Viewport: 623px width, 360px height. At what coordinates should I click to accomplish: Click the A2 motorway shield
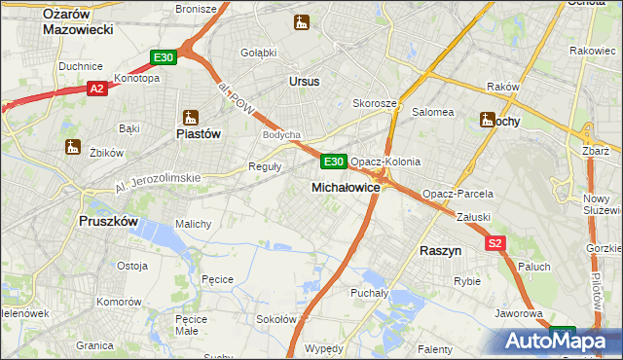pos(96,89)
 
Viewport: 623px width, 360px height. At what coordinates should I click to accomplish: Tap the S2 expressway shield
pos(496,242)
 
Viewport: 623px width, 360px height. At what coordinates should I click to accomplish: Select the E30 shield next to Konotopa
pos(164,58)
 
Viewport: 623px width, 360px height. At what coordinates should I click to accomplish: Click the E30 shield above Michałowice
pos(333,162)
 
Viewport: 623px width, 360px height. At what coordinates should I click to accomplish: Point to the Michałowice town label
pos(345,186)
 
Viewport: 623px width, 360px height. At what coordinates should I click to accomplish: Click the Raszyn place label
pos(440,250)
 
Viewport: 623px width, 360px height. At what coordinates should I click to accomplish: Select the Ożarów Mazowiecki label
pos(79,20)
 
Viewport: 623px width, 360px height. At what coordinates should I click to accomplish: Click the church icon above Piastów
pos(190,117)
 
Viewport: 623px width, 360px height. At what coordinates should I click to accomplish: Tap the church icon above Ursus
pos(302,21)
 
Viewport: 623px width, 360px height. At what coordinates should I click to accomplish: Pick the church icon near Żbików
pos(70,147)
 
